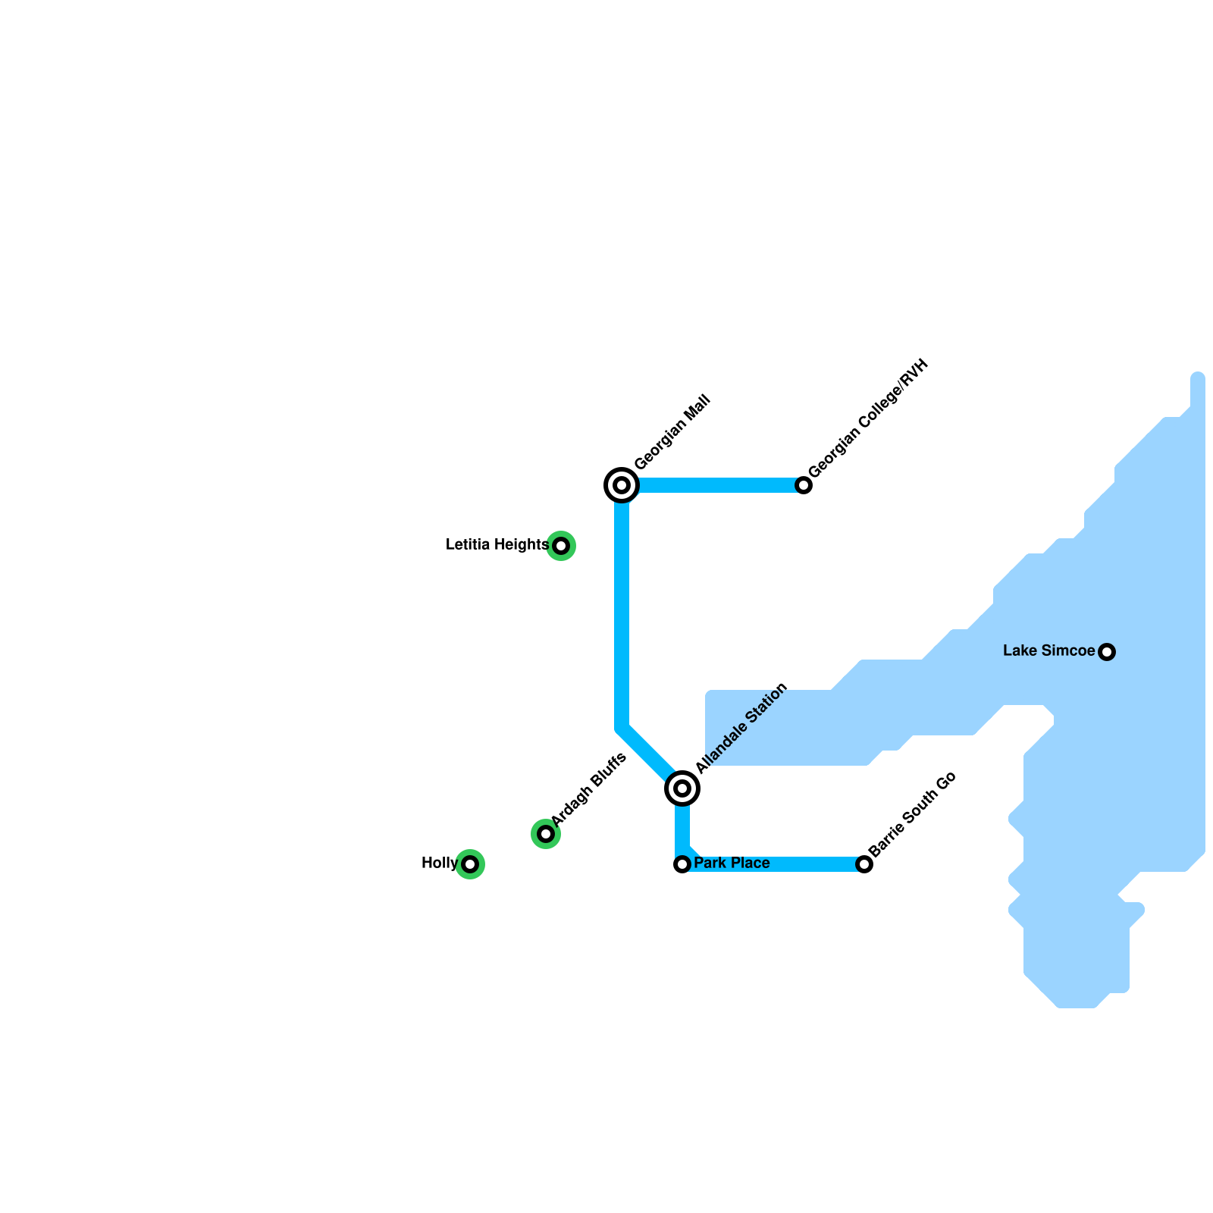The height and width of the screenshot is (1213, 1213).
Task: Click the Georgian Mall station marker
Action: pos(622,485)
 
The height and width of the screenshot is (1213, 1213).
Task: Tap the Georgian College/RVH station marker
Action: pos(804,485)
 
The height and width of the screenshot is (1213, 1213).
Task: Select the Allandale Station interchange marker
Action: pos(682,788)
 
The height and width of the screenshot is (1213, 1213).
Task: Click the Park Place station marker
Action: pos(682,864)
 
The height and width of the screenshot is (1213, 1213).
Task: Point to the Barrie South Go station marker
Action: pos(864,864)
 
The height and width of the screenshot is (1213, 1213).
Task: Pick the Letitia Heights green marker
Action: pos(561,546)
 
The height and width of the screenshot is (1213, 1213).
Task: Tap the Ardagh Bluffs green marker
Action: pos(546,834)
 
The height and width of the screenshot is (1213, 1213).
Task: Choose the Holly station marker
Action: pos(470,864)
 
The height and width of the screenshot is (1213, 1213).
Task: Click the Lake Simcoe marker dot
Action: pos(1107,652)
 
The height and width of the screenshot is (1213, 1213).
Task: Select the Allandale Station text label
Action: pos(742,729)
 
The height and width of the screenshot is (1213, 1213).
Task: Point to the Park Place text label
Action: pos(732,864)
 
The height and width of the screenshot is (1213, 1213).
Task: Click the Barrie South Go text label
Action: pos(913,814)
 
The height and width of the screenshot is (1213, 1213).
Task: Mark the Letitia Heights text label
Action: pos(497,545)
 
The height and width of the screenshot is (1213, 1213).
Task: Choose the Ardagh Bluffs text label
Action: pos(589,789)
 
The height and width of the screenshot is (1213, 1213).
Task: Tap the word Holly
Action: pos(439,864)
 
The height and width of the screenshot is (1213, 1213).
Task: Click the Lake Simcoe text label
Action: pos(1048,651)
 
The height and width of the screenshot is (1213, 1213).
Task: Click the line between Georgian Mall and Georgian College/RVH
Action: pos(713,485)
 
